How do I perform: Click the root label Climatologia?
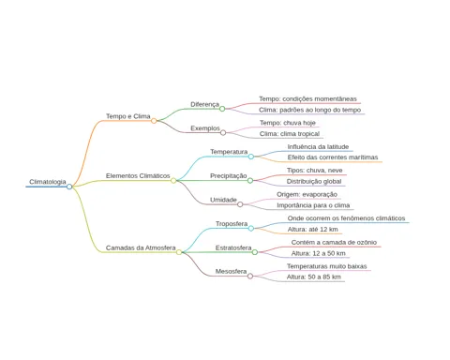click(x=48, y=182)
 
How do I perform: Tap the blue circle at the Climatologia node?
click(x=69, y=187)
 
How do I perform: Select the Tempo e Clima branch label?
click(x=128, y=116)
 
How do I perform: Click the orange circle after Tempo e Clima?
click(x=154, y=121)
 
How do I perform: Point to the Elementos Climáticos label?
click(x=138, y=176)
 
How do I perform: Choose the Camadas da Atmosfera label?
click(x=141, y=247)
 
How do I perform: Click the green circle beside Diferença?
click(x=222, y=109)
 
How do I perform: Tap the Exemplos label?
click(x=205, y=128)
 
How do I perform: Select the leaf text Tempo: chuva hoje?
click(x=288, y=123)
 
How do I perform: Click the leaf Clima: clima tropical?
click(x=290, y=134)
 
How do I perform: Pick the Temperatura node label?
click(x=229, y=152)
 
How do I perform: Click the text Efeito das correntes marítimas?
click(x=333, y=157)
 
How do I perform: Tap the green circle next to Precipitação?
click(x=250, y=181)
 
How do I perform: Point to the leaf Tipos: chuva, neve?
click(x=315, y=171)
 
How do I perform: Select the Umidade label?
click(x=223, y=200)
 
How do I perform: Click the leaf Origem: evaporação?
click(x=307, y=194)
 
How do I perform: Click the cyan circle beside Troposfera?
click(x=251, y=229)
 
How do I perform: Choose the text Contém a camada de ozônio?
click(x=334, y=242)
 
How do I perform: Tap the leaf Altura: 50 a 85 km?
click(x=314, y=277)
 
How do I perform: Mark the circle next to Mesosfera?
click(x=250, y=277)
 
